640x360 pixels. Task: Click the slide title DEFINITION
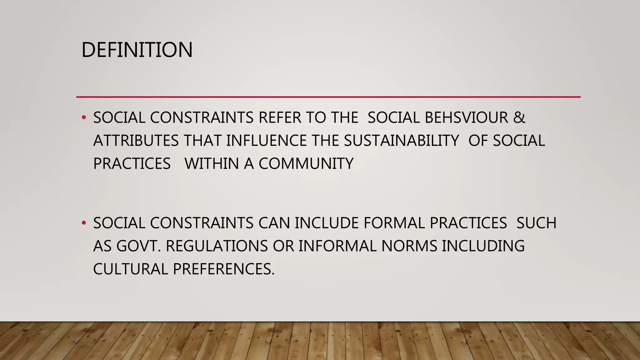[137, 50]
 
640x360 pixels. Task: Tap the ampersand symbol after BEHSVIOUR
[519, 118]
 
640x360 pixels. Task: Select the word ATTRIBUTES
[136, 141]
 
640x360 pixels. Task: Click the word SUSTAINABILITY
[402, 141]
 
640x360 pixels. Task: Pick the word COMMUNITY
[306, 164]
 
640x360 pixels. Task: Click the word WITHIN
[212, 164]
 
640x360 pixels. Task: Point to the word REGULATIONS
[217, 246]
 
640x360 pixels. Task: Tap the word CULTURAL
[131, 269]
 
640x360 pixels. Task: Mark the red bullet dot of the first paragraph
[83, 118]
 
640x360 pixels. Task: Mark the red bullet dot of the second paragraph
[83, 223]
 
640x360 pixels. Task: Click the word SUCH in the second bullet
[536, 223]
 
